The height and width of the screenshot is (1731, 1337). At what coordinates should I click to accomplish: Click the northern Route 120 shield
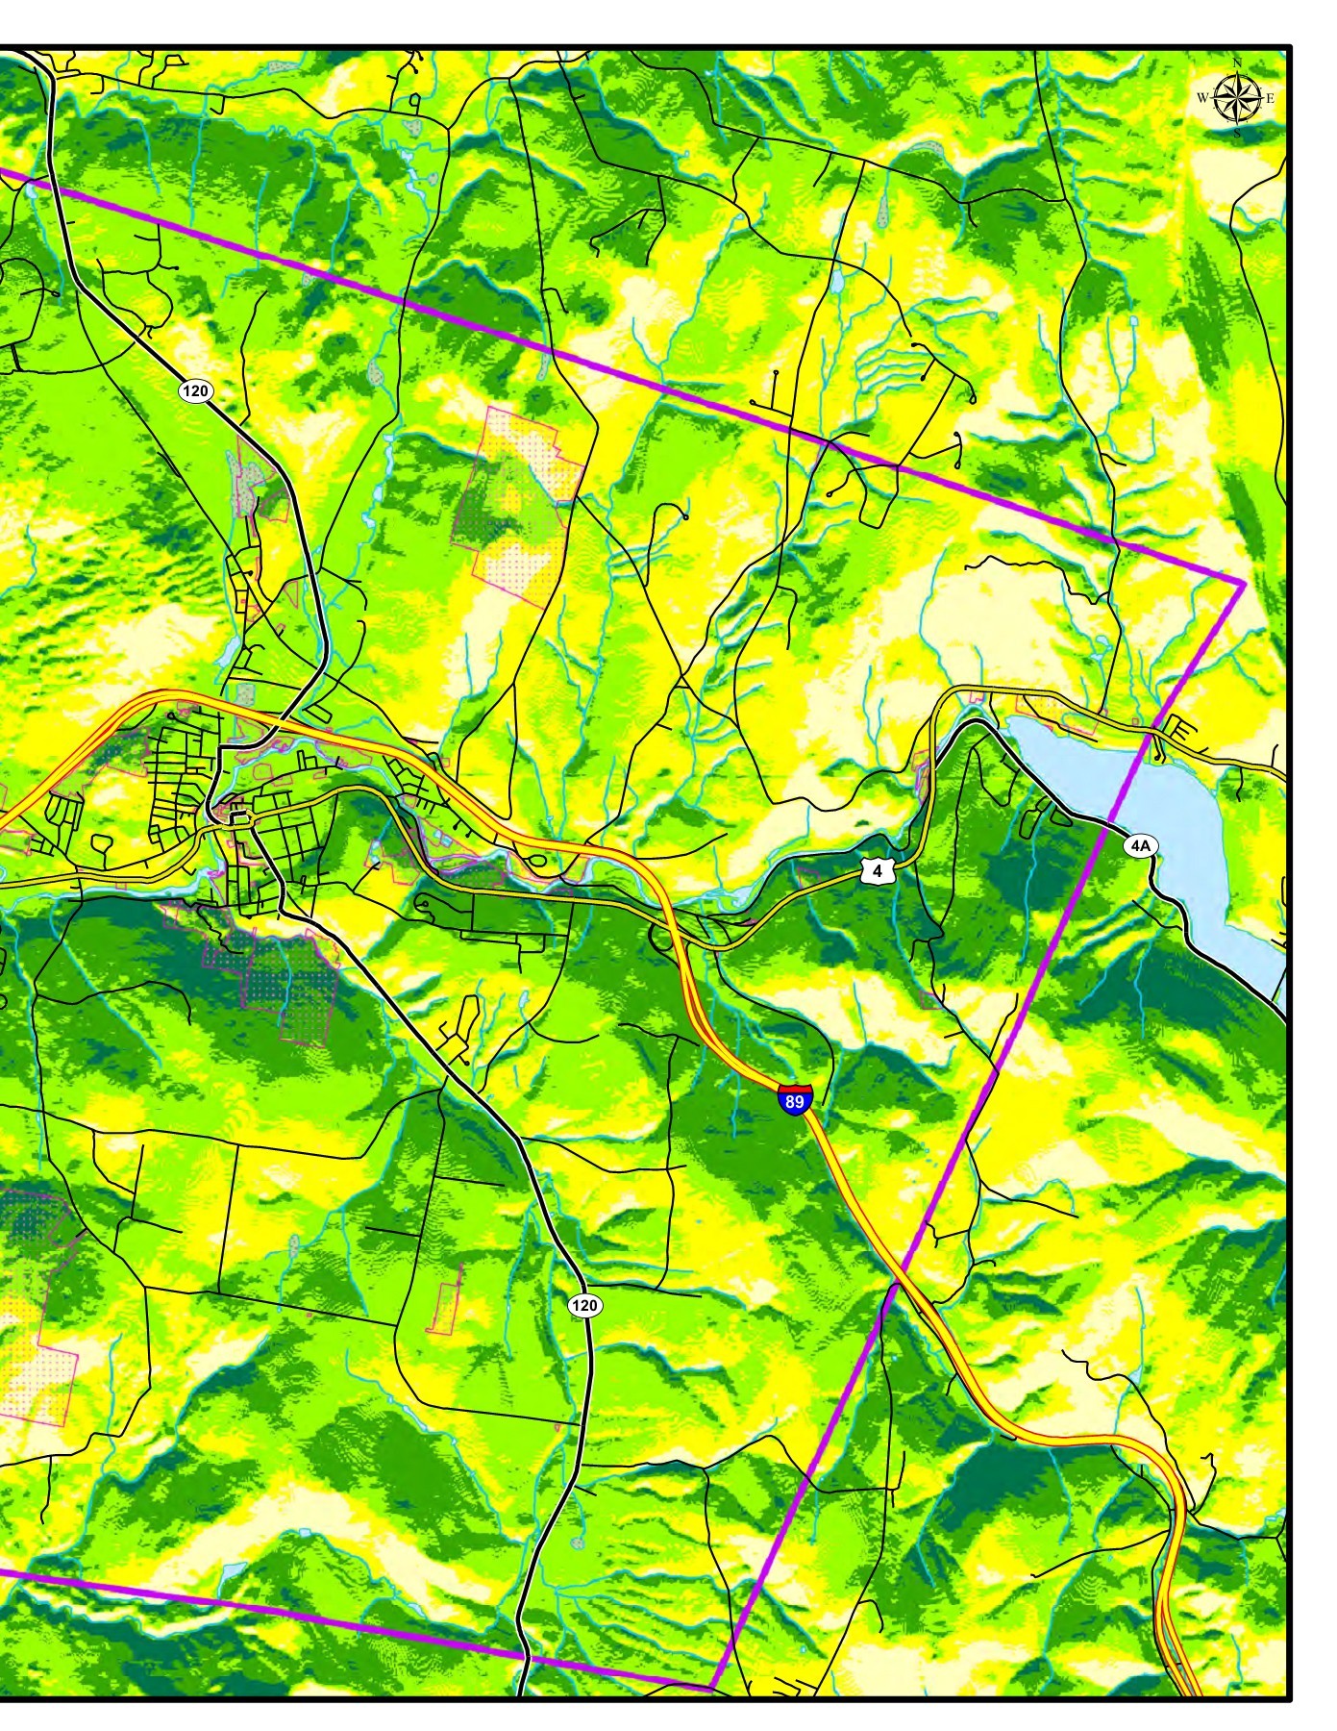click(x=195, y=390)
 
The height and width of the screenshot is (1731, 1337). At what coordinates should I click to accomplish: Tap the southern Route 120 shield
click(x=584, y=1305)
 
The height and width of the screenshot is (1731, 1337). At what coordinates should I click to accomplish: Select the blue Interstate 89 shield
click(x=795, y=1099)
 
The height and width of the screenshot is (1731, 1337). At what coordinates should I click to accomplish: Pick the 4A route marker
click(x=1140, y=845)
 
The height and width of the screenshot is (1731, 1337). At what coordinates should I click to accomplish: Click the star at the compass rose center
click(x=1237, y=97)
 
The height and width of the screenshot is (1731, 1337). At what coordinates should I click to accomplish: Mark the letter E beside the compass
click(x=1270, y=98)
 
